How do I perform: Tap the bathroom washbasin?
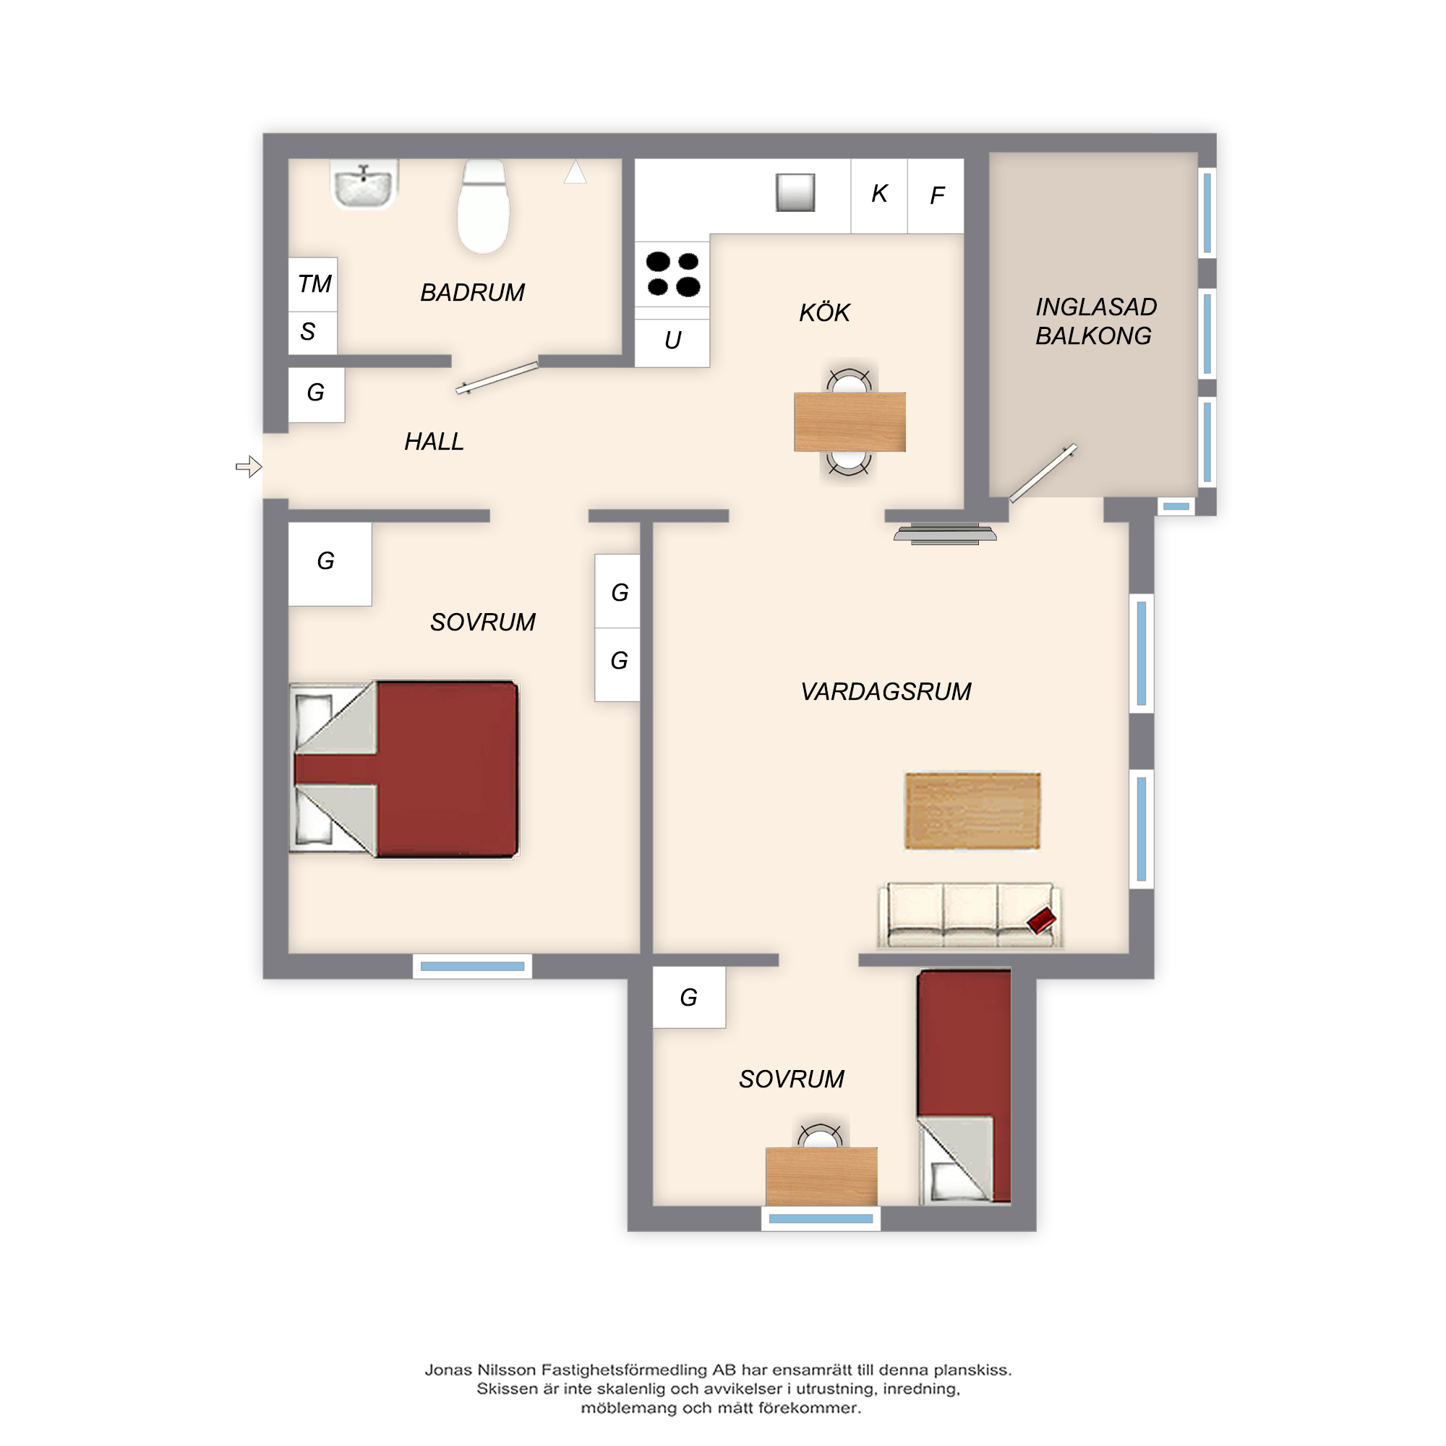364,184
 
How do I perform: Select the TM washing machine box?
313,284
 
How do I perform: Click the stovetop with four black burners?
672,274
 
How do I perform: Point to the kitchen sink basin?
795,192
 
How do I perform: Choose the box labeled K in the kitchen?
879,195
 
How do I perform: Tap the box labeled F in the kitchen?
936,195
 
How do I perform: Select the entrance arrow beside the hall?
249,467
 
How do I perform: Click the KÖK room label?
825,312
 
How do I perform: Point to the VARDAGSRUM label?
886,692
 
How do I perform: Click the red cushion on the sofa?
1041,920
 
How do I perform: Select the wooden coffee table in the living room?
972,811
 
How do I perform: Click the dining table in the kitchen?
850,422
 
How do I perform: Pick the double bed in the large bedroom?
404,769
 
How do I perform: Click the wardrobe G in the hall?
317,395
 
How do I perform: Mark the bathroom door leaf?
497,377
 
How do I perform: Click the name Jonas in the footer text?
448,1369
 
